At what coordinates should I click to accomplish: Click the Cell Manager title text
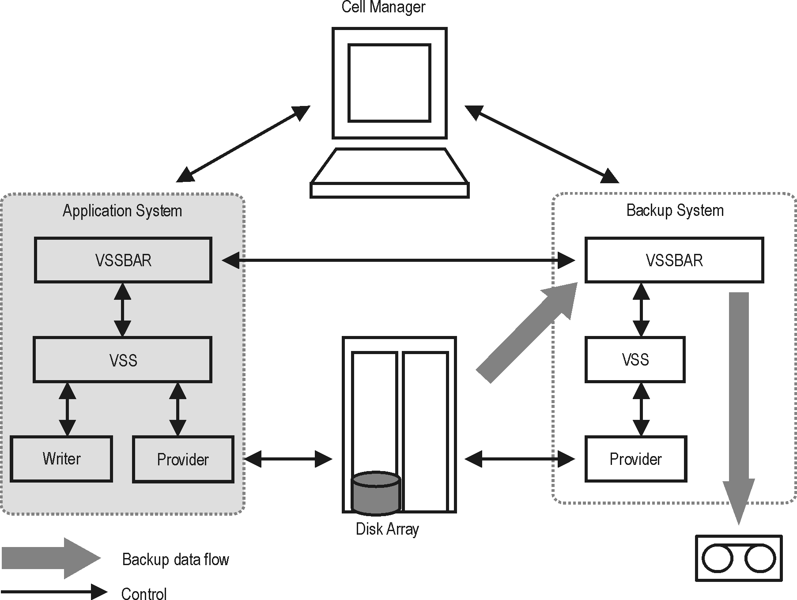(x=383, y=7)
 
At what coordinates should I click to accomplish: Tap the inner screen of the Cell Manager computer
(x=389, y=83)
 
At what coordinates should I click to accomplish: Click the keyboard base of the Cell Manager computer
(x=389, y=190)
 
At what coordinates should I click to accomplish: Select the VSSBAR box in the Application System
(x=123, y=260)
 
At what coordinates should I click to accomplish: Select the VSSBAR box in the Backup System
(x=674, y=260)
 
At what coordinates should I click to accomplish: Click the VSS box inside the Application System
(x=123, y=360)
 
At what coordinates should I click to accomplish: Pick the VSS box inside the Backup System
(x=635, y=359)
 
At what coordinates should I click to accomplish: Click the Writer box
(x=61, y=459)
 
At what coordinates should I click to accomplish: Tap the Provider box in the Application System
(x=183, y=459)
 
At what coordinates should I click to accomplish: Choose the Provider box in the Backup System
(x=635, y=459)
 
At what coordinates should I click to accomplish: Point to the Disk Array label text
(x=387, y=529)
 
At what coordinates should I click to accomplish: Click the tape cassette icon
(x=739, y=558)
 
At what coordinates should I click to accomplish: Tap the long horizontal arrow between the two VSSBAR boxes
(x=397, y=260)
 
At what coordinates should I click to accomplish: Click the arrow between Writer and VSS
(x=67, y=409)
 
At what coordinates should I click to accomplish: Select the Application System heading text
(x=122, y=211)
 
